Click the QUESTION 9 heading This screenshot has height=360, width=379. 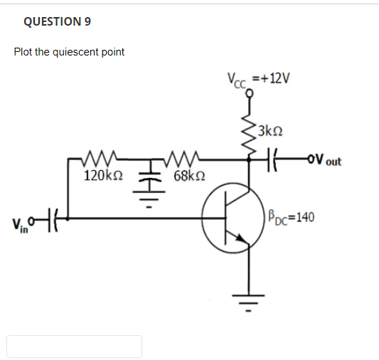click(x=57, y=21)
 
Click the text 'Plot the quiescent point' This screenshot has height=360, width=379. click(x=69, y=52)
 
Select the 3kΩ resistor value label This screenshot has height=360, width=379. click(x=271, y=131)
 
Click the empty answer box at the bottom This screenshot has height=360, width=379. click(x=75, y=346)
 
